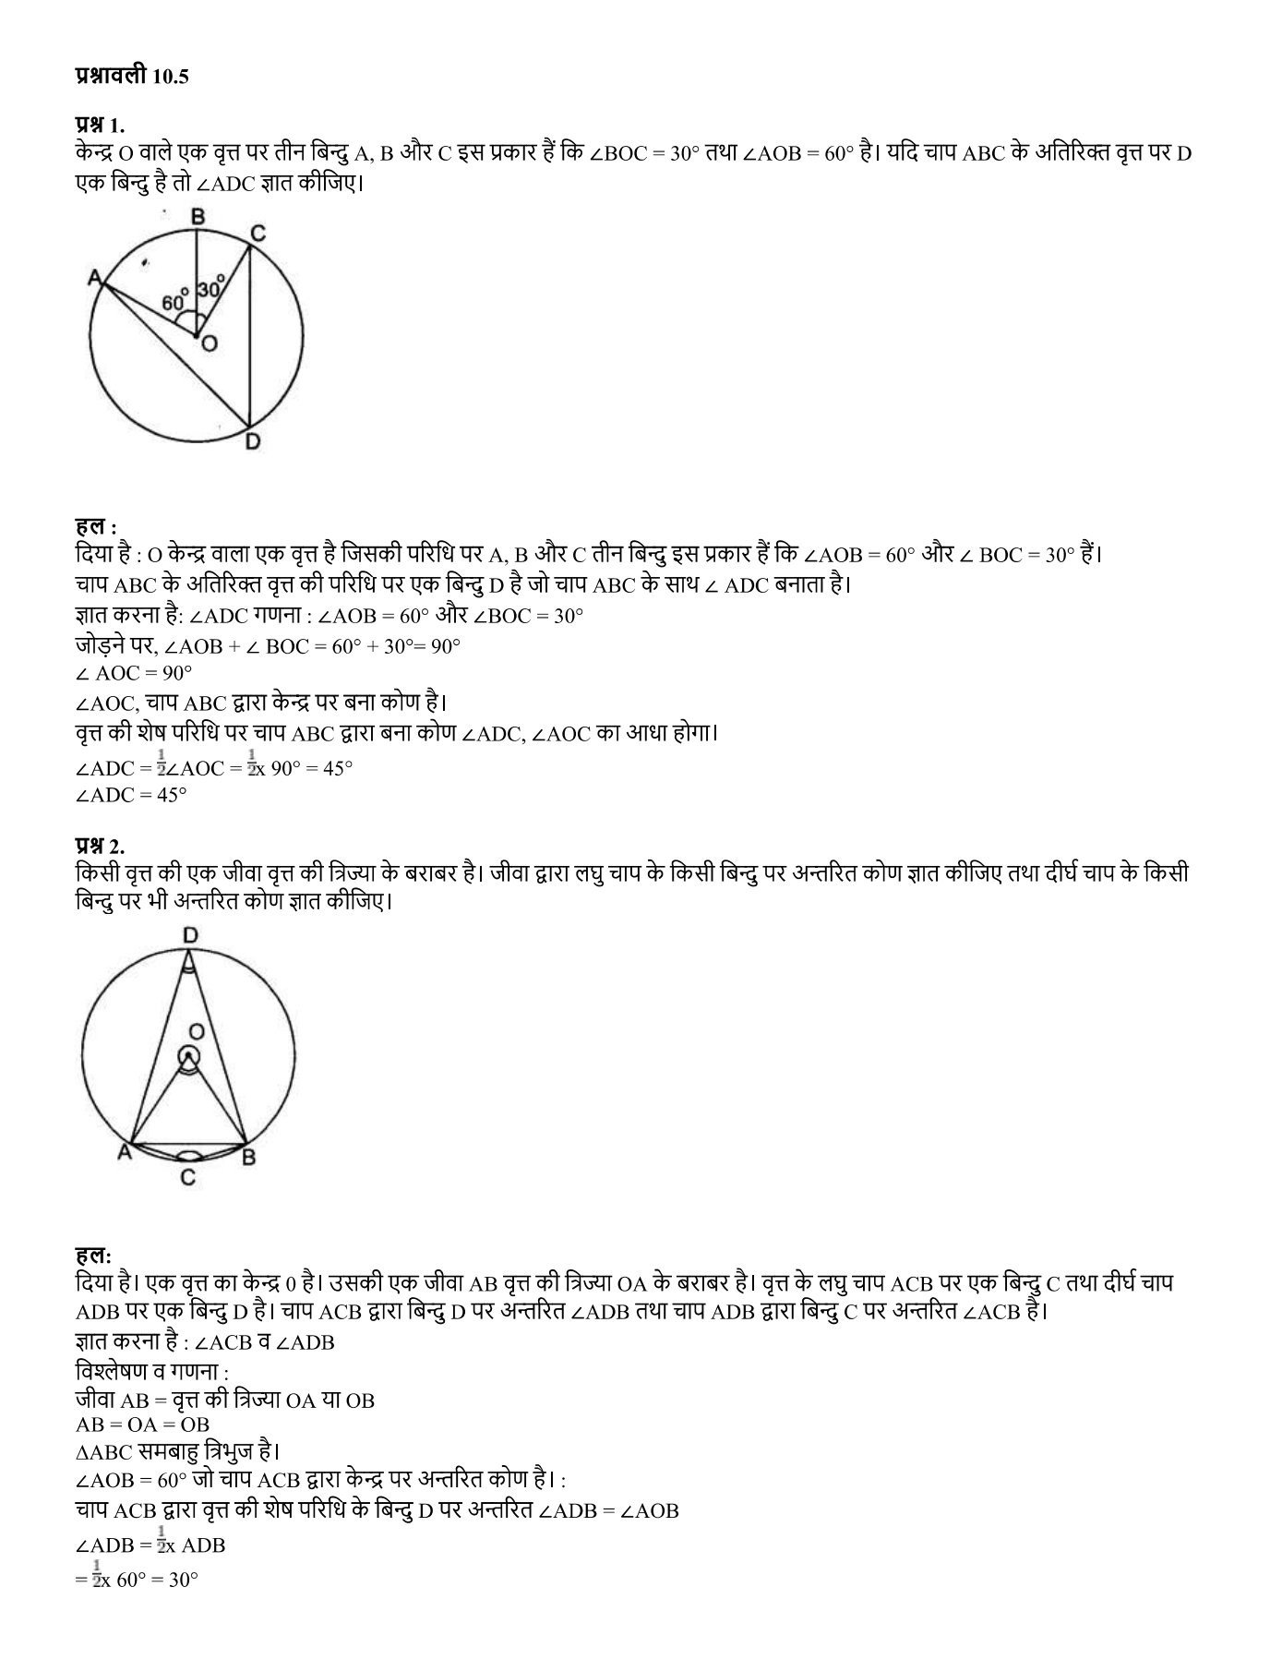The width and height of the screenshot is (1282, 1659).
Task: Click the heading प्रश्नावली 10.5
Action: coord(131,78)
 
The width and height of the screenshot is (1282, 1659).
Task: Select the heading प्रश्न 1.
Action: coord(99,125)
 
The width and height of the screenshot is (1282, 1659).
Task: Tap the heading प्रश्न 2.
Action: coord(99,846)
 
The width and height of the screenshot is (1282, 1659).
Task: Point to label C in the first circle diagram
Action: coord(258,233)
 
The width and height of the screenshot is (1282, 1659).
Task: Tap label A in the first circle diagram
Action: coord(94,276)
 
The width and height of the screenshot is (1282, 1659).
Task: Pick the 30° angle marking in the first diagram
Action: coord(210,288)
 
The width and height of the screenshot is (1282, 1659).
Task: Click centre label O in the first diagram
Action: coord(210,343)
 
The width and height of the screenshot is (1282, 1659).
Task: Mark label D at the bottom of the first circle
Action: coord(252,442)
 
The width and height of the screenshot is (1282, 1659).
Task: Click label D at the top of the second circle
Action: coord(189,935)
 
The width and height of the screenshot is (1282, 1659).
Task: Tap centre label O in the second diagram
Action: coord(195,1029)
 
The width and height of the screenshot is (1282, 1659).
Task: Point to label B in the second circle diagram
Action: coord(247,1155)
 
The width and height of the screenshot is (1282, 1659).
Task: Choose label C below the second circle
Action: coord(187,1177)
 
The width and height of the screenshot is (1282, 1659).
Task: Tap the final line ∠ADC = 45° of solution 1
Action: coord(131,794)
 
